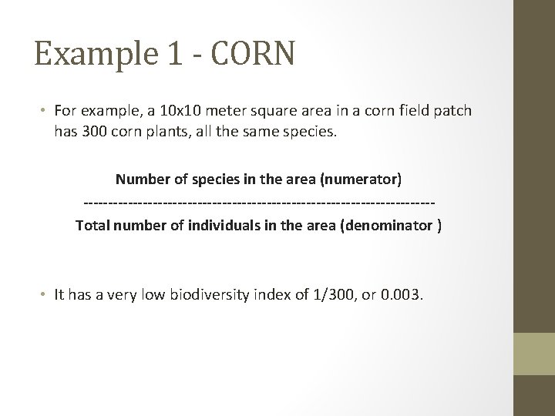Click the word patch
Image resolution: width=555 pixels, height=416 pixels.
[x=454, y=112]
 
